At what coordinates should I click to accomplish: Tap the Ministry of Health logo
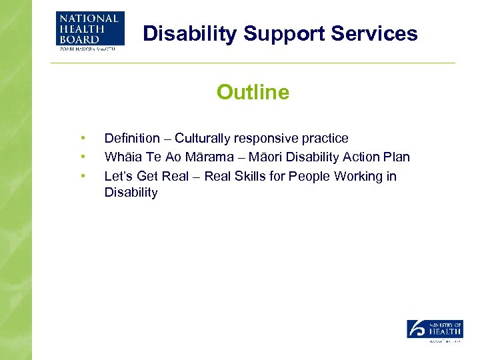tap(435, 331)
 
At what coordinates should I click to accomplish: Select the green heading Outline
tap(253, 92)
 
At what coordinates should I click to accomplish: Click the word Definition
tap(132, 139)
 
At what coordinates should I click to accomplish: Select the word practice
tap(326, 139)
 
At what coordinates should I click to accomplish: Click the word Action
tap(363, 157)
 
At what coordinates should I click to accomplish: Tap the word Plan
tap(397, 157)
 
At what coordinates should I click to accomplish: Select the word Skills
tap(253, 176)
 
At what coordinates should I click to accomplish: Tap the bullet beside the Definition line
tap(83, 139)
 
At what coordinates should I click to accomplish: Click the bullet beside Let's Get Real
tap(83, 176)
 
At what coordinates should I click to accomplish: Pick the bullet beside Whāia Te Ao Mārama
tap(83, 157)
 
